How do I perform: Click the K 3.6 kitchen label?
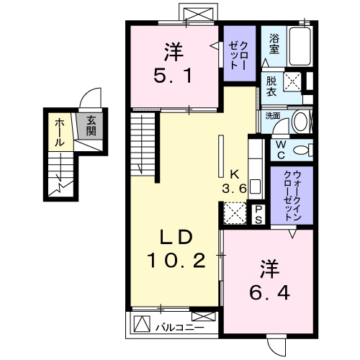233,182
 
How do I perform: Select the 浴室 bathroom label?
274,45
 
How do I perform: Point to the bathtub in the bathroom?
299,46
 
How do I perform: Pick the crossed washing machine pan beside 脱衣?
292,82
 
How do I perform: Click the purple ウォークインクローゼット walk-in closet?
292,195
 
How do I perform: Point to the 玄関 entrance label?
91,127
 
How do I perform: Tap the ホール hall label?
57,132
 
